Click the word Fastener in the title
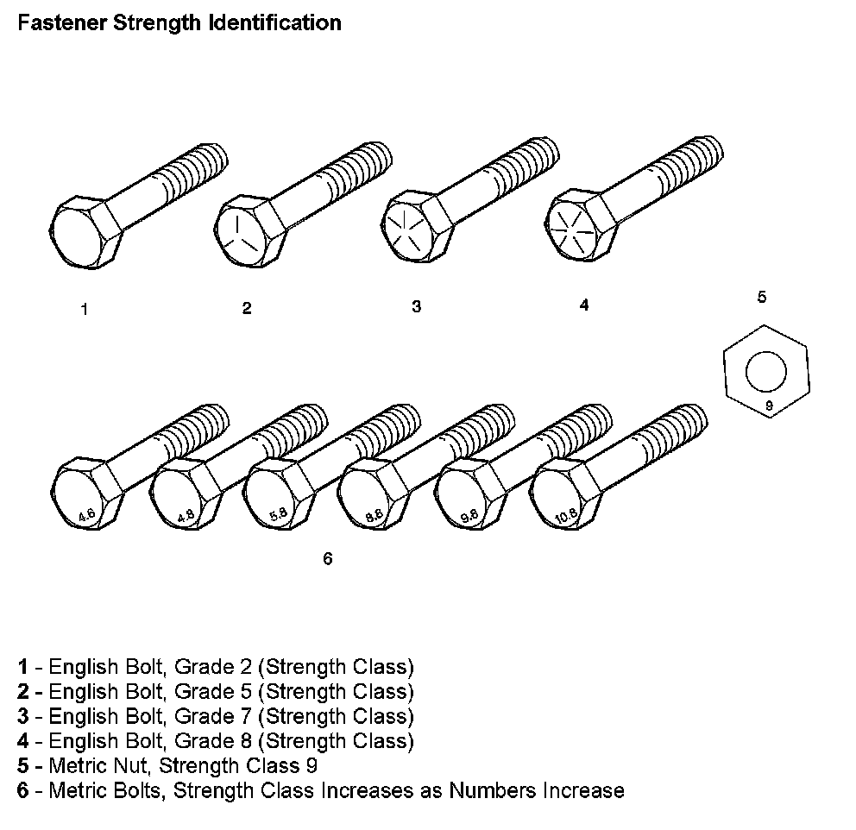pos(58,22)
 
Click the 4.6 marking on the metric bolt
pos(86,516)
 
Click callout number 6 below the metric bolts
pos(327,559)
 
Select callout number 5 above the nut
pos(761,298)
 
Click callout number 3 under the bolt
pos(416,307)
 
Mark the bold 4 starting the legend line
pos(23,740)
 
